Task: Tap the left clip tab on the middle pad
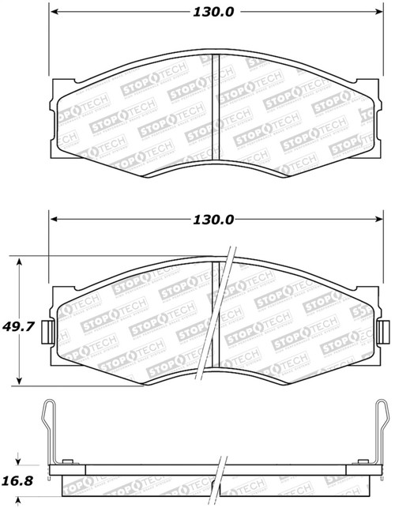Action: [47, 327]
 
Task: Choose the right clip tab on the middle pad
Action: [385, 327]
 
